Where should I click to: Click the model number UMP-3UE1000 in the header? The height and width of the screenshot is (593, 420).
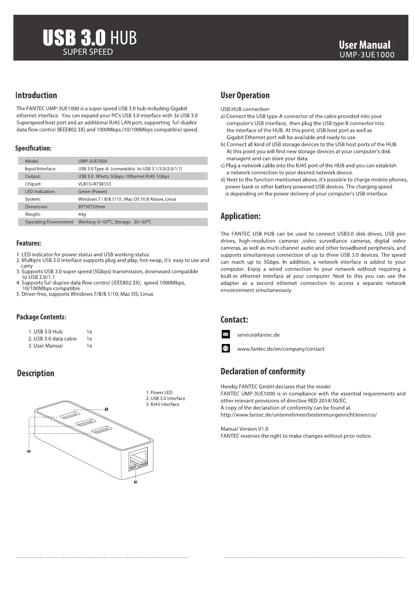coord(367,55)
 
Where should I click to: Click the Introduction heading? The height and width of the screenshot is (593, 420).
coord(36,95)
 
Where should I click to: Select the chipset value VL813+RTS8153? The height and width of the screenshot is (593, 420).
coord(95,184)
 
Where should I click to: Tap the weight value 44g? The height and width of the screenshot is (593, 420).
coord(82,214)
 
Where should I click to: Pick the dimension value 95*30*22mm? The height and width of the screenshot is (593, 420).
coord(91,207)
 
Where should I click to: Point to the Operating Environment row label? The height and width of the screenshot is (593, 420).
coord(49,222)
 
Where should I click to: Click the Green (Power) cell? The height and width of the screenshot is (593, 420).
coord(92,192)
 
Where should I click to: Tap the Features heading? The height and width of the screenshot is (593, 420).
coord(29,243)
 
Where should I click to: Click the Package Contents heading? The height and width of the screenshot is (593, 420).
coord(41,317)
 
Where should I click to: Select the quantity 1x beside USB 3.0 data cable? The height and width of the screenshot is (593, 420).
coord(89,339)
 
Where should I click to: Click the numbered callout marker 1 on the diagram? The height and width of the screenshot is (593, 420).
coord(106,409)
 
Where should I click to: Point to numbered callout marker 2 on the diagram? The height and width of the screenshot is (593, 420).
coord(29,451)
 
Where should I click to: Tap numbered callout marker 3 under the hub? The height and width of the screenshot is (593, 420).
coord(135,482)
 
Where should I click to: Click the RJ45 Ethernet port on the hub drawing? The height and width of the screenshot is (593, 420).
coord(138,460)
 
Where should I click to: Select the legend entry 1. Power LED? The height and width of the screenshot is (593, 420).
coord(159,392)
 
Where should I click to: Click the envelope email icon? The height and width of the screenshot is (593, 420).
coord(226,334)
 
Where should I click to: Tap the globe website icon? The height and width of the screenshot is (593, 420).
coord(226,349)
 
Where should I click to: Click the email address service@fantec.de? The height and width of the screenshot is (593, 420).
coord(258,335)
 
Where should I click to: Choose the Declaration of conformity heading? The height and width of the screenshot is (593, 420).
coord(263,372)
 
